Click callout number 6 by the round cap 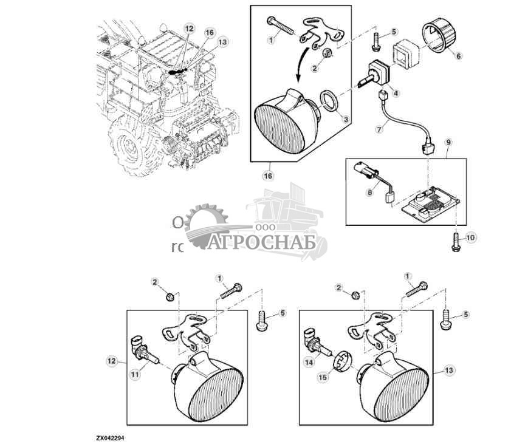pyautogui.click(x=459, y=55)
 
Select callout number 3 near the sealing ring pyautogui.click(x=345, y=120)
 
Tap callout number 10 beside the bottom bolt pyautogui.click(x=472, y=236)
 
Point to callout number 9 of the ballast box pyautogui.click(x=448, y=142)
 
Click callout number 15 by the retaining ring pyautogui.click(x=323, y=377)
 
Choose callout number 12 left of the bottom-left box pyautogui.click(x=111, y=361)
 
